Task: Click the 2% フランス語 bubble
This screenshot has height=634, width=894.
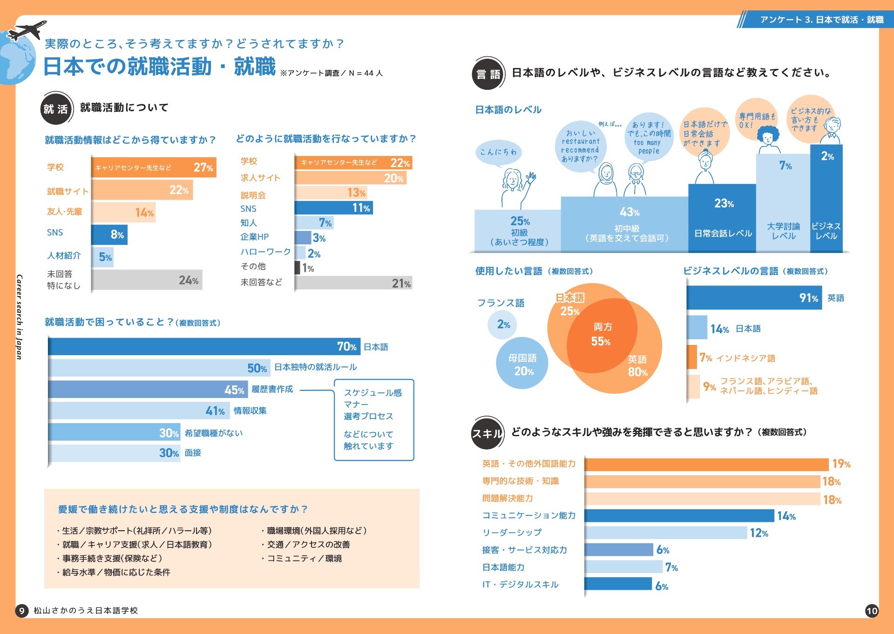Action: [x=502, y=324]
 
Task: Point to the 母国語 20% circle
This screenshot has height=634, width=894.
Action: [x=522, y=364]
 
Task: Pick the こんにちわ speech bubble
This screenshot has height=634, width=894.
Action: [x=498, y=152]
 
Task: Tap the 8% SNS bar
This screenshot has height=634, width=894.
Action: [x=109, y=235]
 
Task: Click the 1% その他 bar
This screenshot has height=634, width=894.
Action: [x=297, y=268]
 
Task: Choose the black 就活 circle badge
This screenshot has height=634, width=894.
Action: [x=56, y=109]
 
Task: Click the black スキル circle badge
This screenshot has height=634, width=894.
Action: [x=487, y=433]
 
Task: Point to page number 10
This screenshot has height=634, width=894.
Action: [x=872, y=611]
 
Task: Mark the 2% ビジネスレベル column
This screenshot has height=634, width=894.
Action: [x=826, y=198]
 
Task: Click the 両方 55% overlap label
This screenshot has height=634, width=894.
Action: [x=602, y=334]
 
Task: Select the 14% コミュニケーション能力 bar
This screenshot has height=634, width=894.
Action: [x=679, y=516]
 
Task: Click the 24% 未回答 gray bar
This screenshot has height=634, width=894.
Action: [x=147, y=280]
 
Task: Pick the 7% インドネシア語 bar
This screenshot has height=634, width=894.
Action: [x=692, y=357]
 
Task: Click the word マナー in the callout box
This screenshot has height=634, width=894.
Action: [x=356, y=405]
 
